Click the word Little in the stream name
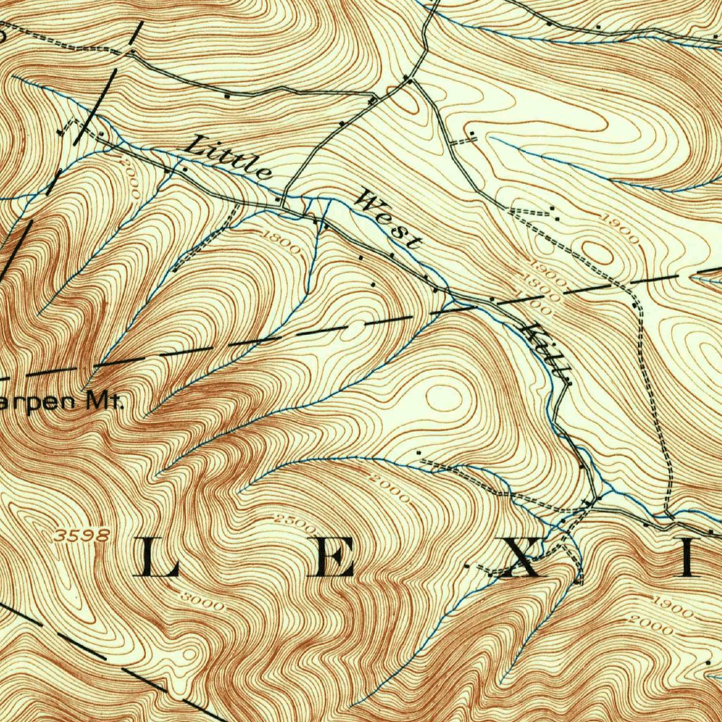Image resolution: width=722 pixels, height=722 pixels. click(228, 157)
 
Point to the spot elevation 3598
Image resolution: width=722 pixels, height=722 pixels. click(82, 536)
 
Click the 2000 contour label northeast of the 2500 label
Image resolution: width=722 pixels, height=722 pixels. click(388, 489)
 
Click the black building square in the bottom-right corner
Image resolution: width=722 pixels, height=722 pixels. click(708, 662)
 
